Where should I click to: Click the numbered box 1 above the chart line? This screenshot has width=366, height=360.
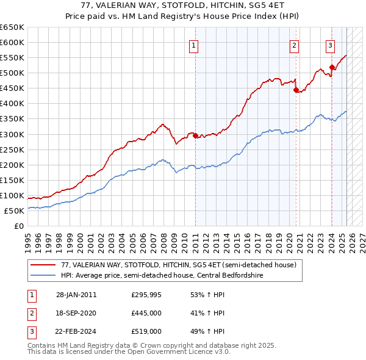(193, 45)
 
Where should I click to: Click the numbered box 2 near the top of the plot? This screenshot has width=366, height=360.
(294, 45)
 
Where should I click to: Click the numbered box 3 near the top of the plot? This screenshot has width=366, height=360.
(330, 45)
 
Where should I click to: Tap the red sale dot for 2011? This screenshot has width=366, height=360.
(195, 135)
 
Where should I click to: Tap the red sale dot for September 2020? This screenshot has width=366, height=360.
(296, 90)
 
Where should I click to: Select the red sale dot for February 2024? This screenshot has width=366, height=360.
(332, 67)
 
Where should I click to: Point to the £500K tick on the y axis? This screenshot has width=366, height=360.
(13, 73)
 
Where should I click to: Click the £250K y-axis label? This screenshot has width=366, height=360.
(13, 149)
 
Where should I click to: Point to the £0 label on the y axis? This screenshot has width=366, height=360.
(19, 226)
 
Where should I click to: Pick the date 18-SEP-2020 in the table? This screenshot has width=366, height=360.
(76, 313)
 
